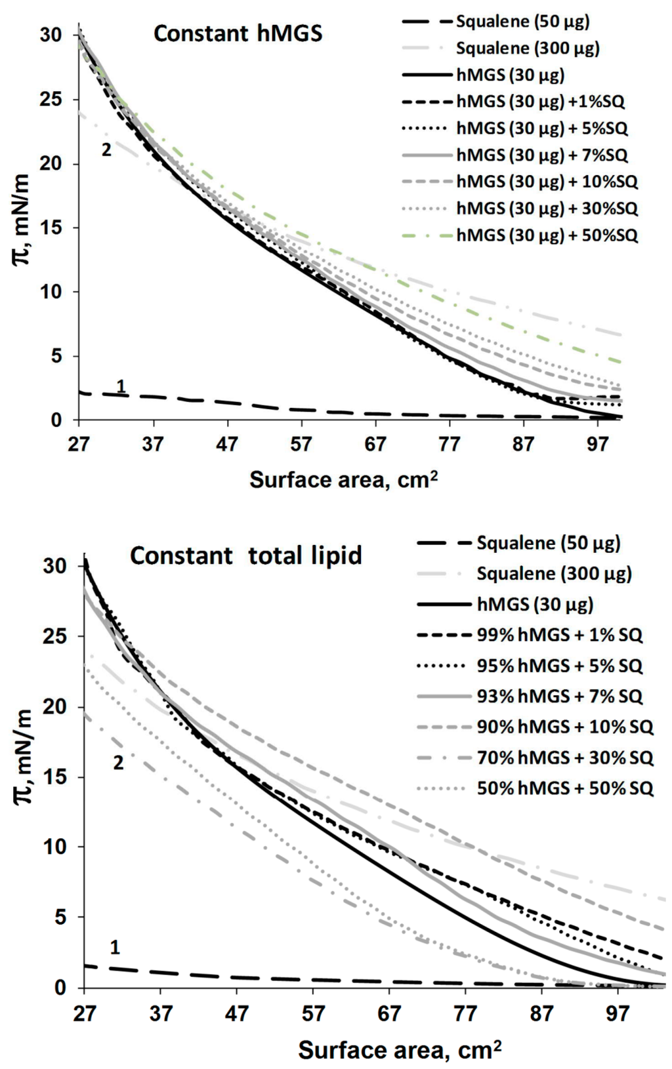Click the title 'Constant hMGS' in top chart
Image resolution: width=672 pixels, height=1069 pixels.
click(238, 33)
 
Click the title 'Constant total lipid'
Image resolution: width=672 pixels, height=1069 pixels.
click(245, 555)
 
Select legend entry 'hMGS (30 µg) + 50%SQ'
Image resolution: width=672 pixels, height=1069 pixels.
click(547, 235)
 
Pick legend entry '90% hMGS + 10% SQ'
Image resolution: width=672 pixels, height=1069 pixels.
click(565, 727)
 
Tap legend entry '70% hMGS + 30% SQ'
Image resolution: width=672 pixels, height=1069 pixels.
click(565, 757)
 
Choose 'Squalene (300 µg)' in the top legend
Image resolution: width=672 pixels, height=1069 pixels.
click(528, 48)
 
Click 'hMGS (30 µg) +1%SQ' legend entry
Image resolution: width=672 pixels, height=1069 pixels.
click(540, 102)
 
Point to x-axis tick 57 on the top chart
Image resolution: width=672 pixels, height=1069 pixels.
click(301, 445)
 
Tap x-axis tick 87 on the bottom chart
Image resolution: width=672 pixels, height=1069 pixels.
click(541, 1014)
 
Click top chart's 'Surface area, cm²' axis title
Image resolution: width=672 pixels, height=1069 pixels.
click(343, 480)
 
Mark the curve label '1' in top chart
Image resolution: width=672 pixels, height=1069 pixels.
click(121, 386)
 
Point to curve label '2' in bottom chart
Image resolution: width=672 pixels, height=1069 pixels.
click(118, 763)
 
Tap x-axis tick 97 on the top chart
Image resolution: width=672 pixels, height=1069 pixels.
click(598, 445)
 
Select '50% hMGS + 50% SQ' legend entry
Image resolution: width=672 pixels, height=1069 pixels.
click(565, 788)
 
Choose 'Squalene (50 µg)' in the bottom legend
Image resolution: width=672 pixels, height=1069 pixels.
click(548, 543)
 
